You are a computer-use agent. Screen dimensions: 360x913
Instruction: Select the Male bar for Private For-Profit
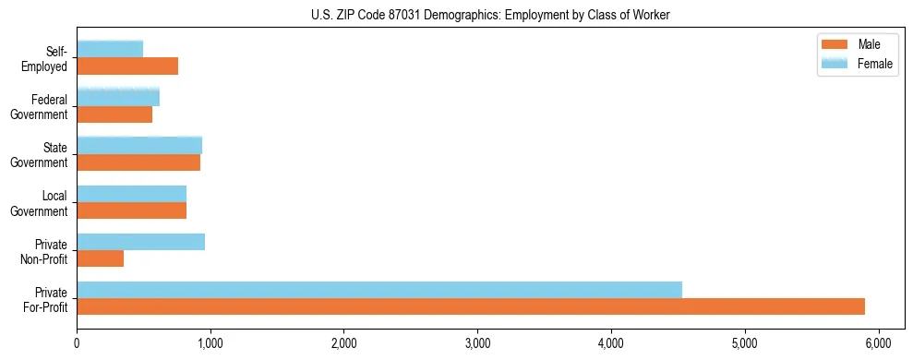(x=471, y=306)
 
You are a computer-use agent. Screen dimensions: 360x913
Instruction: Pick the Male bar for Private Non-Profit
(x=101, y=258)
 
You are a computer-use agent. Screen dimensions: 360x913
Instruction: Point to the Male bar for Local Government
(x=132, y=210)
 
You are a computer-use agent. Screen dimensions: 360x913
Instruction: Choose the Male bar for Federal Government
(x=114, y=114)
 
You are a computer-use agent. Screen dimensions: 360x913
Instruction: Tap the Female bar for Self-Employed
(x=110, y=49)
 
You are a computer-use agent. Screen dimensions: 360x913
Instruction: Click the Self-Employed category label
(x=50, y=58)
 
